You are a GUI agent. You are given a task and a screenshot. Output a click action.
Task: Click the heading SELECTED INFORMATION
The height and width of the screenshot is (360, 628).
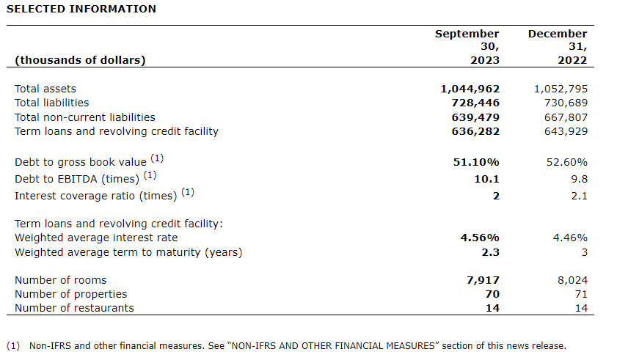tap(81, 9)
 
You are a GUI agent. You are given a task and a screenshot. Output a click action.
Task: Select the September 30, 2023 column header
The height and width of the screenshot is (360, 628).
tap(467, 47)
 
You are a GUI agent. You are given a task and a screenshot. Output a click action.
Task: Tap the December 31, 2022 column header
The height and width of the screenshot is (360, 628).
tap(558, 47)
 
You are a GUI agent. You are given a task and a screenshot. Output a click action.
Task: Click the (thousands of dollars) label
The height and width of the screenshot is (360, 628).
tap(80, 60)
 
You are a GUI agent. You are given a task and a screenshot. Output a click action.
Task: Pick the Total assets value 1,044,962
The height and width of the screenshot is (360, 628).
tap(470, 89)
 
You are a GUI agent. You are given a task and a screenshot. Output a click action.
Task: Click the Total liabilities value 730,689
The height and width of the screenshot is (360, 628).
tap(562, 103)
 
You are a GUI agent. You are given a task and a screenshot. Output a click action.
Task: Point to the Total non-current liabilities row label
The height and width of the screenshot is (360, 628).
tap(85, 117)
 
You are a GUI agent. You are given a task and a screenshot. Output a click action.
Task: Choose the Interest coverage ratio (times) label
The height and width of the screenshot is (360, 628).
tap(95, 196)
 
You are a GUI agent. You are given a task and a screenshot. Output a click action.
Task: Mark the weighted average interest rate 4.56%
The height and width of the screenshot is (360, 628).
tap(480, 238)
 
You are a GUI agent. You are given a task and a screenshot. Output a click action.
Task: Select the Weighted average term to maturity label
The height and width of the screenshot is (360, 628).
tap(128, 252)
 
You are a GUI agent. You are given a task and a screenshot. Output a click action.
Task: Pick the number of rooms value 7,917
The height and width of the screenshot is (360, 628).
tap(482, 280)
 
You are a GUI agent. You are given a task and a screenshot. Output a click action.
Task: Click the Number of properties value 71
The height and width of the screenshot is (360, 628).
tap(580, 294)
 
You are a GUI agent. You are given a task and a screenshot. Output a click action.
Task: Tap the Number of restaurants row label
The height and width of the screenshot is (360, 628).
tap(74, 308)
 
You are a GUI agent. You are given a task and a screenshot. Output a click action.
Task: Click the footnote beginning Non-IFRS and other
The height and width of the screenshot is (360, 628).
tap(297, 346)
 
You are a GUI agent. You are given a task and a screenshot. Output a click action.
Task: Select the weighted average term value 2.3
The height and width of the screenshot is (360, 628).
tap(491, 252)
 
